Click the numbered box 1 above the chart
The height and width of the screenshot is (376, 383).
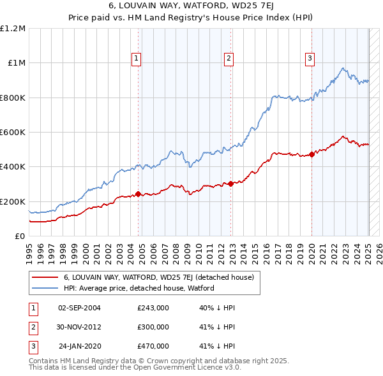[137, 59]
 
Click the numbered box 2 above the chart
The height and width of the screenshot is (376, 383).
[229, 59]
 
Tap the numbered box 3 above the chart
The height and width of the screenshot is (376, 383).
[310, 59]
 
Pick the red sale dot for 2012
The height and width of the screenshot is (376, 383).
[230, 184]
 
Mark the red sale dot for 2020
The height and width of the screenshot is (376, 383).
[312, 154]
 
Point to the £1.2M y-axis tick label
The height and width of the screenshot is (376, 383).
[13, 29]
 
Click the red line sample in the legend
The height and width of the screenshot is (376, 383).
[45, 277]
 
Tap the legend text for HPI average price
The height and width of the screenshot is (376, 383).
[139, 288]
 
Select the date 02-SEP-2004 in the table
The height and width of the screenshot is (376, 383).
[79, 308]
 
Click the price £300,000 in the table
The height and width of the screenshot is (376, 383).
[153, 327]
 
